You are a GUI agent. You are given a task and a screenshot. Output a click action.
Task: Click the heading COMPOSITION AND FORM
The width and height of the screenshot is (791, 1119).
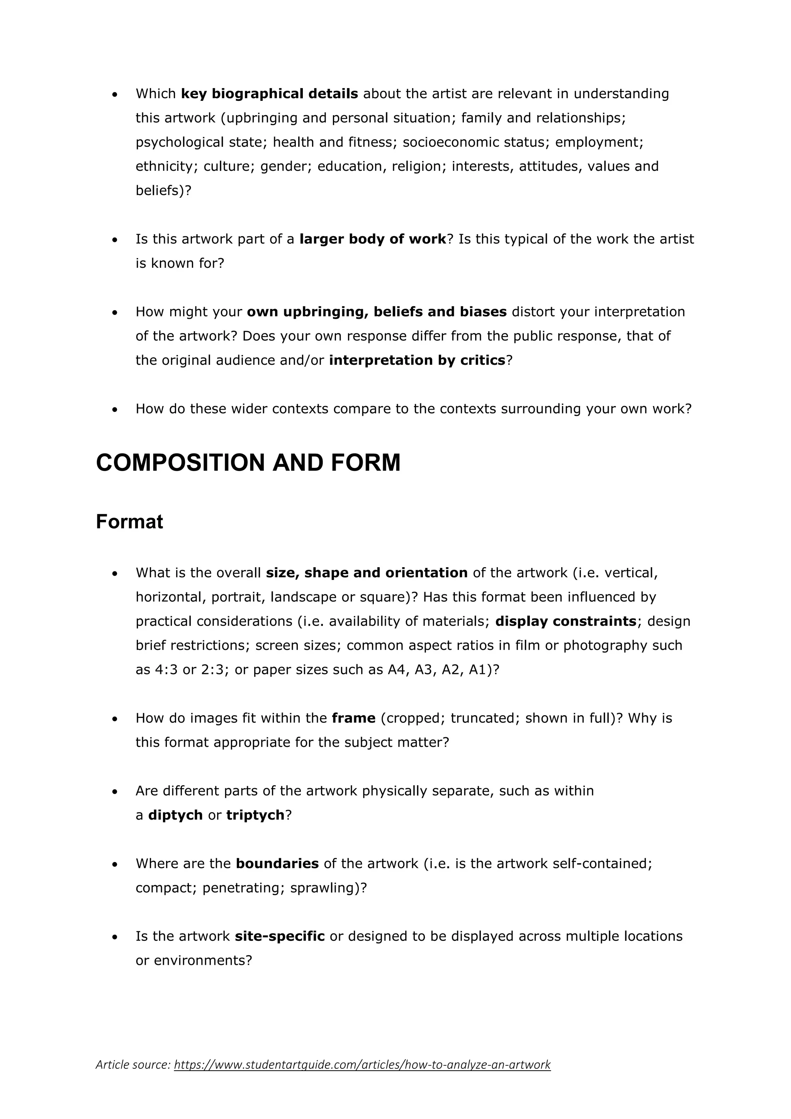pyautogui.click(x=248, y=463)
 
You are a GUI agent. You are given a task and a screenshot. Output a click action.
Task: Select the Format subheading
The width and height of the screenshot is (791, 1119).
pyautogui.click(x=129, y=522)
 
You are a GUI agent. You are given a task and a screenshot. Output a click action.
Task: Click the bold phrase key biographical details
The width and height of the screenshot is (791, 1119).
pyautogui.click(x=269, y=94)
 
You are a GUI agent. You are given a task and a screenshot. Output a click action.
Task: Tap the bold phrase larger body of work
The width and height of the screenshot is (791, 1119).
pyautogui.click(x=373, y=239)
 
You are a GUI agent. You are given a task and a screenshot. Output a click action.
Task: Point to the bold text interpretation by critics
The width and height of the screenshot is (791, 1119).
pyautogui.click(x=417, y=360)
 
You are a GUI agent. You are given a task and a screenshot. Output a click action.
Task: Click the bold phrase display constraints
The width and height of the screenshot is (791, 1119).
pyautogui.click(x=565, y=621)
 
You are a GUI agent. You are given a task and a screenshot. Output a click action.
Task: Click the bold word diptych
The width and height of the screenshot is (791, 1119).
pyautogui.click(x=175, y=815)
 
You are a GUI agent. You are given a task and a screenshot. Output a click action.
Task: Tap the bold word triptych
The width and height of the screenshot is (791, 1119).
pyautogui.click(x=255, y=815)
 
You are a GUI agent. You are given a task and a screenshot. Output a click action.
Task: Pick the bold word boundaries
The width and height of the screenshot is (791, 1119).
pyautogui.click(x=277, y=864)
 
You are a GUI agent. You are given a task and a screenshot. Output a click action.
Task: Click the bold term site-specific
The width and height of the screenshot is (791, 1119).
pyautogui.click(x=280, y=936)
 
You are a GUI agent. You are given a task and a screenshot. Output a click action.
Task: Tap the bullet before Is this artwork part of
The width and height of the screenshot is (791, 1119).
pyautogui.click(x=115, y=240)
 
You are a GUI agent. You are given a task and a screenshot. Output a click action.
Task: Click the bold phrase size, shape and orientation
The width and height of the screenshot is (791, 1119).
pyautogui.click(x=366, y=573)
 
